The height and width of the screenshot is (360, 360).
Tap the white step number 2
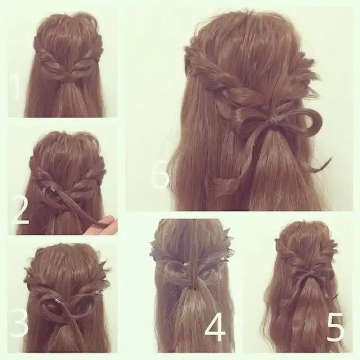[x=20, y=211]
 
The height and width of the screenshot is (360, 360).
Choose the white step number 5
[x=336, y=327]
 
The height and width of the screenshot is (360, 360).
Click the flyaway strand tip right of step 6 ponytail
[x=331, y=159]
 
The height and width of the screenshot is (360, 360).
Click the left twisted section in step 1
[x=49, y=60]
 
